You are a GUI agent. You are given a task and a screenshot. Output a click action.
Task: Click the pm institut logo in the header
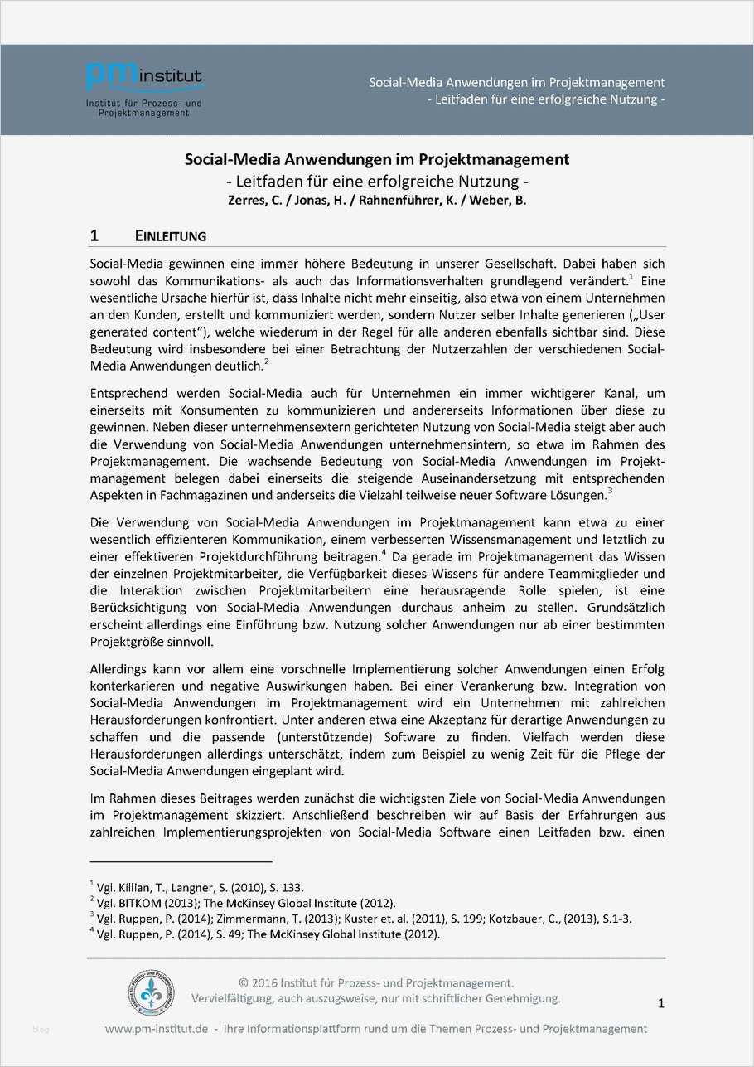144,88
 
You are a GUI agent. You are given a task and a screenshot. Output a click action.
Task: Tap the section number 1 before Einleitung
94,236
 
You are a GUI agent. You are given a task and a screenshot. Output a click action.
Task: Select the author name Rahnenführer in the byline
389,200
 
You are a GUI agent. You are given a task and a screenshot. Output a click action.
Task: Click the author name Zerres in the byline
248,200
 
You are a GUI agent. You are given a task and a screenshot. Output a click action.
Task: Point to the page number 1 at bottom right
660,1004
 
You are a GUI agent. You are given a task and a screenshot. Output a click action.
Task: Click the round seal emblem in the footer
152,994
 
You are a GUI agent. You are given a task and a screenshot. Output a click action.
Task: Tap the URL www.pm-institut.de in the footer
157,1029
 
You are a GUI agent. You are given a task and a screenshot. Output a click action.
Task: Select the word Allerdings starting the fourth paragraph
118,669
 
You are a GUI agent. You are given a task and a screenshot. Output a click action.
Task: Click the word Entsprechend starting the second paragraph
128,393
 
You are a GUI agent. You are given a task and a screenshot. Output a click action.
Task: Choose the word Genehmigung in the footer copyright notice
519,998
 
